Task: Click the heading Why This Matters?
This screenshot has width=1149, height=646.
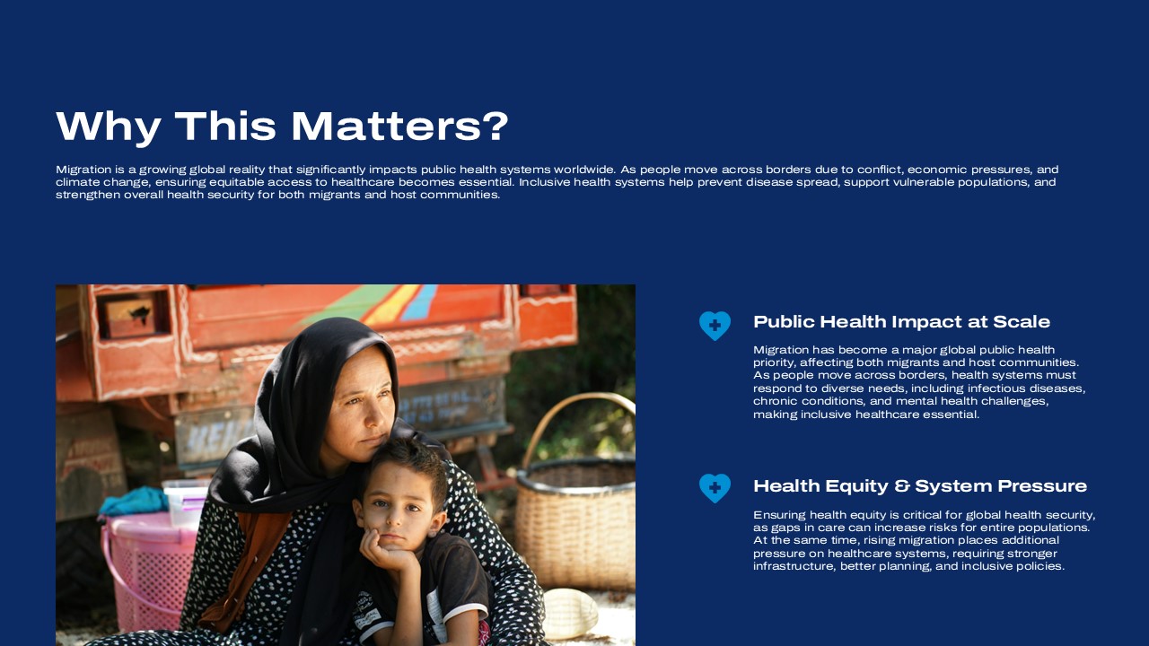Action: [x=282, y=127]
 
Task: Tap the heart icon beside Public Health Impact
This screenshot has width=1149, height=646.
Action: [x=715, y=326]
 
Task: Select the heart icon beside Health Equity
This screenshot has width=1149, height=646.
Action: [x=715, y=488]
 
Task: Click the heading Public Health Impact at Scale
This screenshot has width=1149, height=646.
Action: [x=901, y=322]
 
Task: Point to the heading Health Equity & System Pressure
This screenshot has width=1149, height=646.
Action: [x=920, y=486]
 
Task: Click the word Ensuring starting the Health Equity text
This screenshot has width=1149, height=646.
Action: [x=779, y=515]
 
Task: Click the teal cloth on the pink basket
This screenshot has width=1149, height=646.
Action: [x=132, y=501]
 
